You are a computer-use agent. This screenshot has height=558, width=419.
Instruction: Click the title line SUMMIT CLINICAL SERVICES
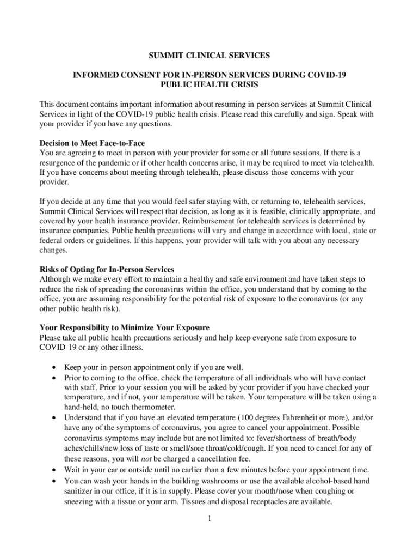[x=209, y=56]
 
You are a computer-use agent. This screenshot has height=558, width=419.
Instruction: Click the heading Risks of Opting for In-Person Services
[x=107, y=270]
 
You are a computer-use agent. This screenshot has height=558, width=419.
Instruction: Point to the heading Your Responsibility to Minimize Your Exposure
[x=125, y=328]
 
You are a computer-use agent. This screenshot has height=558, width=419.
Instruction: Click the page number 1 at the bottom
[x=209, y=518]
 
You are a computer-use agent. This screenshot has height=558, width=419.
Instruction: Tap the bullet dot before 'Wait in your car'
[x=54, y=470]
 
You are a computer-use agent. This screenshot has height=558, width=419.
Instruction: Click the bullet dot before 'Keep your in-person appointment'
[x=54, y=367]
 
